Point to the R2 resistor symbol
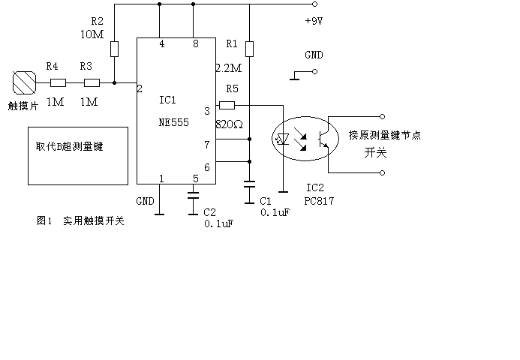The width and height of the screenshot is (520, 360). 114,49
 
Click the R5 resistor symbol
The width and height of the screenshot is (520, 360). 227,105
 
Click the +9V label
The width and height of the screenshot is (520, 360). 314,22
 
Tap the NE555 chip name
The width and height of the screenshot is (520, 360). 174,122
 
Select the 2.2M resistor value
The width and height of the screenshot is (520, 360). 228,68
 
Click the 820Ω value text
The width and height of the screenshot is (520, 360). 230,123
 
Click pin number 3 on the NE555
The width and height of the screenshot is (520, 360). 207,111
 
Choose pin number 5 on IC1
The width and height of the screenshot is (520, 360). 196,178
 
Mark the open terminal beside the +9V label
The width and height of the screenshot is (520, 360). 315,5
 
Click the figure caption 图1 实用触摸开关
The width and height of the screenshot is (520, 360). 80,220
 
